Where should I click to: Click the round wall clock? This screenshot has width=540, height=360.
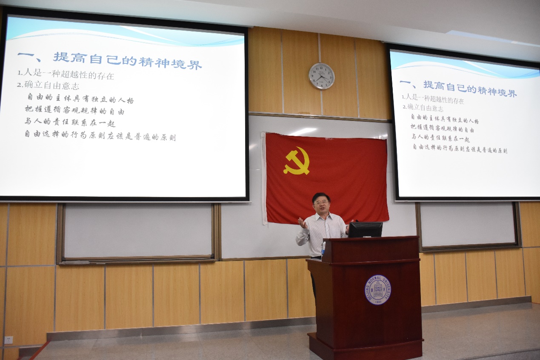[x=321, y=76]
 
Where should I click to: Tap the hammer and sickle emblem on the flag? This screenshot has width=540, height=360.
[x=296, y=161]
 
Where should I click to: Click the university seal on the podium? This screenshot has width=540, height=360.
[x=377, y=290]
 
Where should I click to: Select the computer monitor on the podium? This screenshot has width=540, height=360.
[x=365, y=229]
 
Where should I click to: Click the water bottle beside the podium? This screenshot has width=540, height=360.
[x=323, y=248]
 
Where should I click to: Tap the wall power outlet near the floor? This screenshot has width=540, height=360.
[x=9, y=340]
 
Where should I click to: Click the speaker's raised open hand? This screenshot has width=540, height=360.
[x=302, y=222]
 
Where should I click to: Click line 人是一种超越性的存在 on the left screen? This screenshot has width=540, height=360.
[x=66, y=76]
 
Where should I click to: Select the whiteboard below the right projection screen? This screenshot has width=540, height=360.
[x=468, y=224]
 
